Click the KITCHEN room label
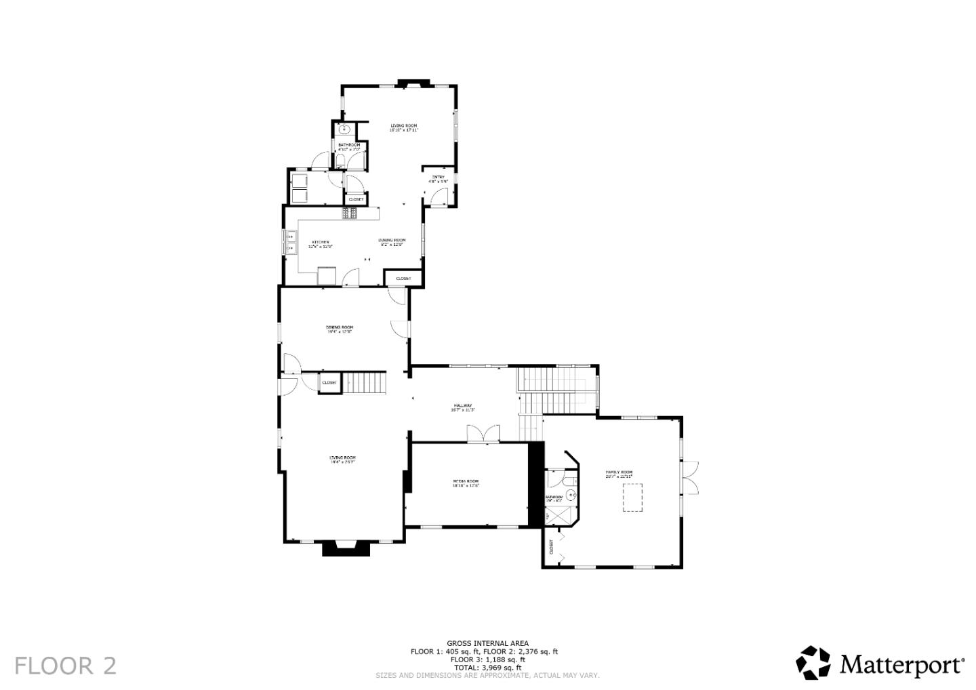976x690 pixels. coord(320,243)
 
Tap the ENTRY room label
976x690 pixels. coord(439,178)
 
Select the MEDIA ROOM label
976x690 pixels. coord(466,482)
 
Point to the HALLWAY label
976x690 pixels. coord(463,407)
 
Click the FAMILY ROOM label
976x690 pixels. coord(619,473)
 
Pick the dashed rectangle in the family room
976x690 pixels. coord(632,500)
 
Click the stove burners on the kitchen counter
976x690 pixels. coord(350,214)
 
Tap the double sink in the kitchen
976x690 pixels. coord(289,242)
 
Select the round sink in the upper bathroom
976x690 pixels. coord(344,129)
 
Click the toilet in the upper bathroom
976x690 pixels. coord(341,160)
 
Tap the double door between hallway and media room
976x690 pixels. coord(483,434)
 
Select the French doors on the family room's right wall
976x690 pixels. coord(690,476)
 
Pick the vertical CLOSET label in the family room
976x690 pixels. coord(551,547)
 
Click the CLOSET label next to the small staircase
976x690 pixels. coord(329,383)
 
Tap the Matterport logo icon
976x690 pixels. coord(813,662)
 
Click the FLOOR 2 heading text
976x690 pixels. coord(65,666)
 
